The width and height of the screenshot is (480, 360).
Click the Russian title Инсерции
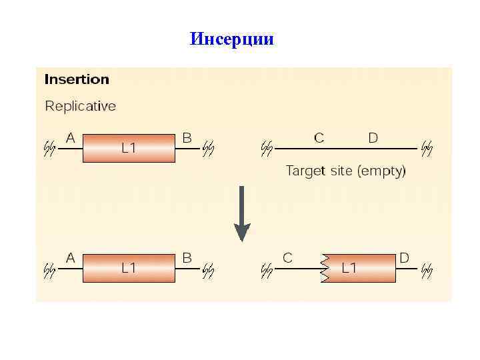point(231,39)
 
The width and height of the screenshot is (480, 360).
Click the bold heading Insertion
point(77,79)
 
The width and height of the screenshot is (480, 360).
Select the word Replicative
point(80,106)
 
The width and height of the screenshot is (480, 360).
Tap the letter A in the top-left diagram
point(70,138)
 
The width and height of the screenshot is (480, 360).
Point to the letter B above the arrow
point(187,138)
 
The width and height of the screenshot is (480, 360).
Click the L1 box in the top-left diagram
point(129,148)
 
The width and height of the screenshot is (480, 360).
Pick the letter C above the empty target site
point(319,138)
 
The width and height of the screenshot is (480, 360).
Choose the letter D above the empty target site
point(373,138)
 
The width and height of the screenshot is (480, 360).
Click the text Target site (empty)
point(345,171)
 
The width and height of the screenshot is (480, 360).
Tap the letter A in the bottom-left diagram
point(70,257)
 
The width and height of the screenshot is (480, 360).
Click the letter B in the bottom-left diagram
point(187,257)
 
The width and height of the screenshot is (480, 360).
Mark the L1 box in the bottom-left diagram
point(129,268)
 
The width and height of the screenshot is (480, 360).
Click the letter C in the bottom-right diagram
point(287,257)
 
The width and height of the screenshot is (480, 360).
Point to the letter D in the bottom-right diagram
point(404,257)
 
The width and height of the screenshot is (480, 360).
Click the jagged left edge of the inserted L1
point(325,268)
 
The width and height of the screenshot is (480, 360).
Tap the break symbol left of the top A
point(49,148)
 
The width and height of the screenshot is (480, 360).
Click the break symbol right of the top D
point(427,148)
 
